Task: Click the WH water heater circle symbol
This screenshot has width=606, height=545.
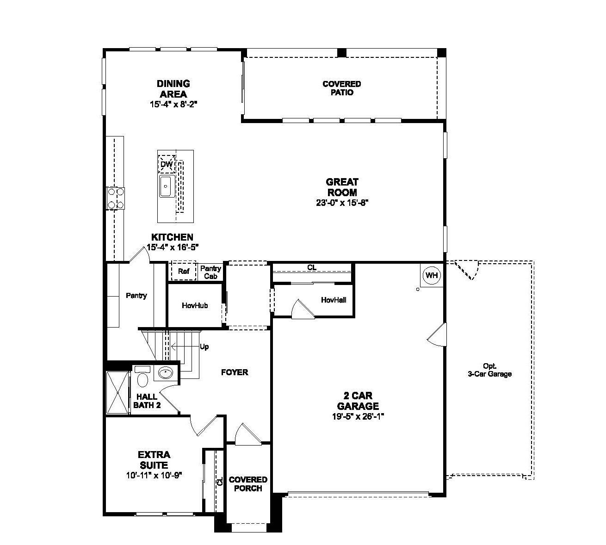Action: (x=432, y=276)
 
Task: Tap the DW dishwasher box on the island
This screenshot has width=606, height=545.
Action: (x=167, y=164)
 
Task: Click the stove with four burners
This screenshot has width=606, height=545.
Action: (x=115, y=198)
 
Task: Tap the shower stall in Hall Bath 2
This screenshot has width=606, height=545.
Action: (x=117, y=392)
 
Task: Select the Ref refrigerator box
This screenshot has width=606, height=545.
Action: (x=184, y=272)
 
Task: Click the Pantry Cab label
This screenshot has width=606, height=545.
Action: (x=211, y=272)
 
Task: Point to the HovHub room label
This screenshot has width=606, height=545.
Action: (x=195, y=305)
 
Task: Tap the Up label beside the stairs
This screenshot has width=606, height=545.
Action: (x=204, y=347)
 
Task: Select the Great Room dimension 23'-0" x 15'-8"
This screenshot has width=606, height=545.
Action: (x=342, y=203)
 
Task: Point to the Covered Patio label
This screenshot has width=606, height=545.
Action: (x=341, y=88)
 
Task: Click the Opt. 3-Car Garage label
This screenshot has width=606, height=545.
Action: (x=489, y=370)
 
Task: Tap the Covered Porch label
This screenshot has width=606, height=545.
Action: (x=248, y=484)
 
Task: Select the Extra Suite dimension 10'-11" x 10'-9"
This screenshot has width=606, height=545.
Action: (x=154, y=475)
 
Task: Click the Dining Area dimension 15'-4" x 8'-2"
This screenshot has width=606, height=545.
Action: (x=173, y=105)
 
